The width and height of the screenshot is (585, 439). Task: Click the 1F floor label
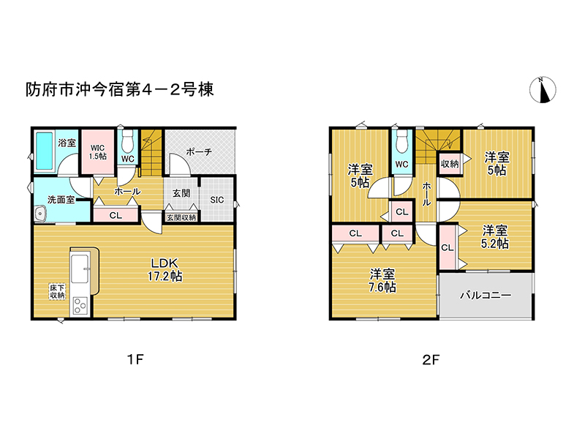click(x=134, y=359)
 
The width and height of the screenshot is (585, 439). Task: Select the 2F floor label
click(x=430, y=359)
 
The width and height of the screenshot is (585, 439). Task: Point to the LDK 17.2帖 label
click(x=167, y=270)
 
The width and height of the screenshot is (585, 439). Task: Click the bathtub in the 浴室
click(x=44, y=152)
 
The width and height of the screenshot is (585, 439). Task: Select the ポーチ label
click(x=198, y=151)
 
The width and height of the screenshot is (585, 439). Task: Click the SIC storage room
click(x=217, y=199)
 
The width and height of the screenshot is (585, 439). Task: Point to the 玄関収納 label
click(x=180, y=217)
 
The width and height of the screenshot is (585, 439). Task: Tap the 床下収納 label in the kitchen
click(x=58, y=291)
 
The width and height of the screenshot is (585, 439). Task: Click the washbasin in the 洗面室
click(x=40, y=214)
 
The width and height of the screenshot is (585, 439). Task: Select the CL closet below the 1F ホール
click(x=116, y=215)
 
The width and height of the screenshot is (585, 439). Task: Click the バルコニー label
click(x=485, y=296)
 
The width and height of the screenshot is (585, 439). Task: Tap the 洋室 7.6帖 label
click(x=382, y=280)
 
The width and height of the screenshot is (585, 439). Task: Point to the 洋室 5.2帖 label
click(x=494, y=237)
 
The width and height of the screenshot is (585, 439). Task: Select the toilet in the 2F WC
click(x=401, y=141)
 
